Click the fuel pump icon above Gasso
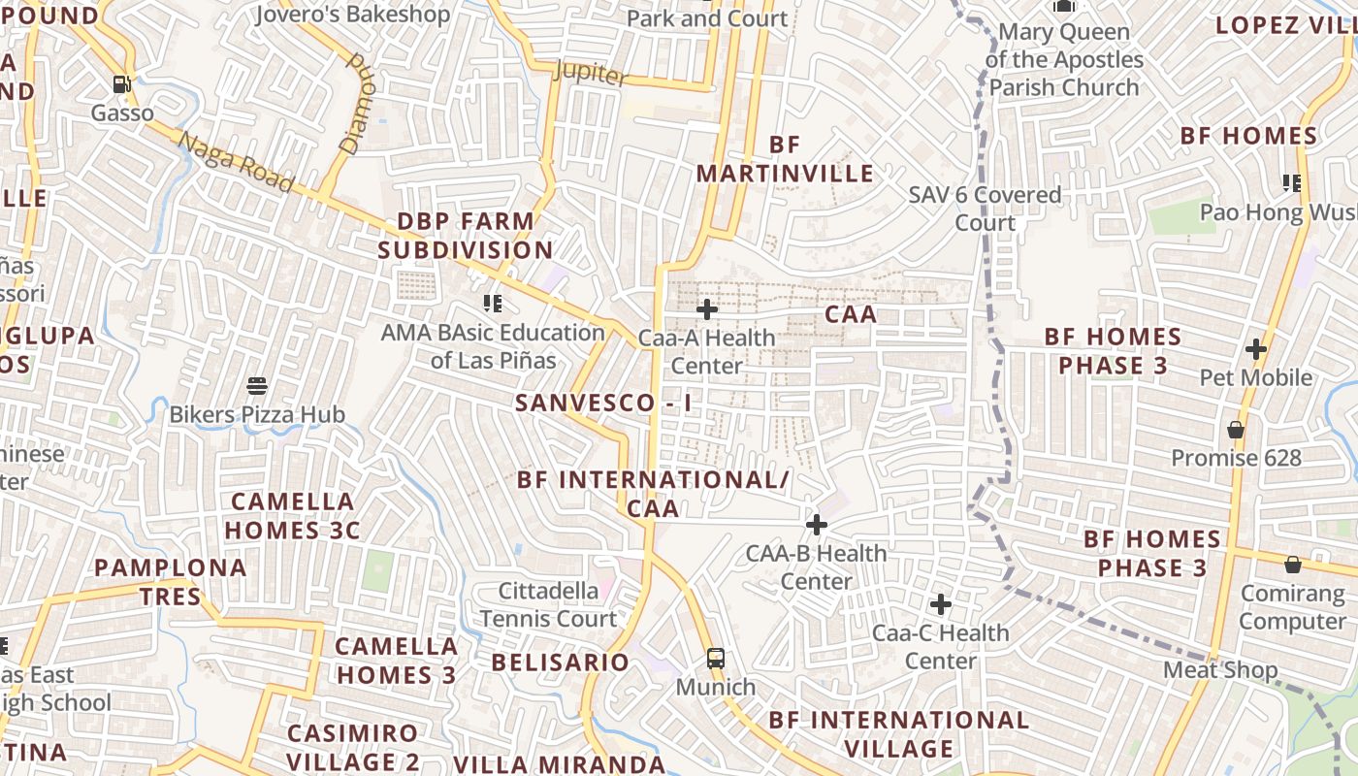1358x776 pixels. pos(121,84)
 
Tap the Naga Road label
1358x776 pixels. pos(236,162)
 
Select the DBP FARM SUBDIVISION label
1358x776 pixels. pos(466,236)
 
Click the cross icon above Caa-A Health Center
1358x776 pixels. pos(707,309)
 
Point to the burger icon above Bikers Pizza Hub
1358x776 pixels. pos(257,386)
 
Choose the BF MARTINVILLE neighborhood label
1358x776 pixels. pos(785,159)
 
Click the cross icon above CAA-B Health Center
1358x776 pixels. pos(817,525)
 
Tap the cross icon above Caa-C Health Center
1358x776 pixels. pos(940,604)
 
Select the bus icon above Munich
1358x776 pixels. pos(715,659)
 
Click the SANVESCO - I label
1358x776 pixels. pos(603,403)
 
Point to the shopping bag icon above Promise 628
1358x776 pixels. pos(1236,429)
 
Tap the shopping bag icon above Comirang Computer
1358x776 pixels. pos(1292,565)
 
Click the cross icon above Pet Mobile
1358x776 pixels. pos(1256,348)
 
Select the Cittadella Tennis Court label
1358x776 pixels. pos(548,604)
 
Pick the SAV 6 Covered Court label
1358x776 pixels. pos(985,209)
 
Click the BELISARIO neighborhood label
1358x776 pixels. pos(561,663)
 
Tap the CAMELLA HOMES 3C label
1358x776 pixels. pos(292,516)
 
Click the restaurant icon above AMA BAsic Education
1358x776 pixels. pos(492,304)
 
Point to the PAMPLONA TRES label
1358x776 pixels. pos(171,582)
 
